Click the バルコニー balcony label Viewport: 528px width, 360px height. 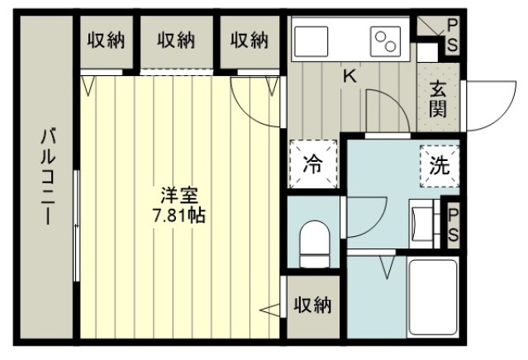(46, 177)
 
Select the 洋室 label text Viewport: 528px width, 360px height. (178, 197)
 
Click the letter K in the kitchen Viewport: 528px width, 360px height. (350, 76)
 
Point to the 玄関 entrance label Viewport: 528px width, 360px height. (438, 98)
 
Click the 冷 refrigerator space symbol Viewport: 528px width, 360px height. (313, 163)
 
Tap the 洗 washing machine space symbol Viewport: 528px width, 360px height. (440, 166)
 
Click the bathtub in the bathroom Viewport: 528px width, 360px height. (432, 297)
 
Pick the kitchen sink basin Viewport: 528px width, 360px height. (312, 41)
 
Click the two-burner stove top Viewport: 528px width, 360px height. (386, 41)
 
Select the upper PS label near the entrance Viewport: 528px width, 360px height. (453, 35)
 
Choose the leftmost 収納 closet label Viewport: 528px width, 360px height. (106, 40)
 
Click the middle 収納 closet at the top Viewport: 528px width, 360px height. (176, 40)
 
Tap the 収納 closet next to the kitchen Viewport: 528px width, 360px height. (250, 40)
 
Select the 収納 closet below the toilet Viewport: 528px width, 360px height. (313, 306)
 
